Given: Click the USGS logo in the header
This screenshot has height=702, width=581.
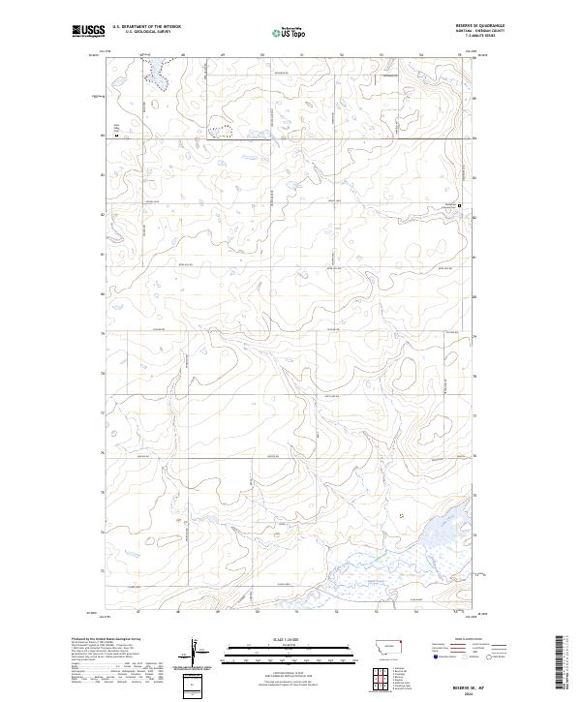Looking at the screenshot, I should pyautogui.click(x=88, y=31).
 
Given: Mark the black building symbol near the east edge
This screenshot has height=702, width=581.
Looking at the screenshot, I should pyautogui.click(x=459, y=204).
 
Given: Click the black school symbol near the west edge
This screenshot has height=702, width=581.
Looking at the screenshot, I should pyautogui.click(x=118, y=136).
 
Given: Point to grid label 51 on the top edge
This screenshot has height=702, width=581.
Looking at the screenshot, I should pyautogui.click(x=301, y=56).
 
